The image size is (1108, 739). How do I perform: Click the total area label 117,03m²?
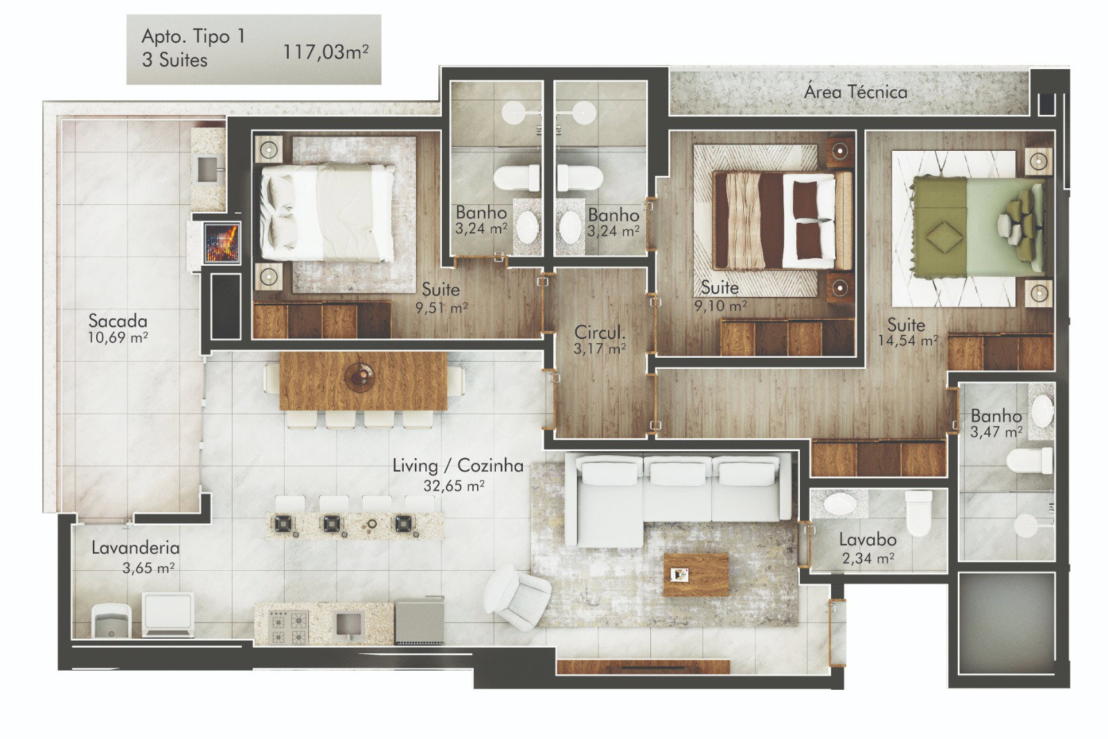click(x=325, y=52)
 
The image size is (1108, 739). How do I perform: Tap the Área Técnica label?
click(x=855, y=92)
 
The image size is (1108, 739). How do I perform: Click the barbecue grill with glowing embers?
click(x=222, y=243)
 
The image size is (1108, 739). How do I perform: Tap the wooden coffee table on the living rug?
click(x=696, y=574)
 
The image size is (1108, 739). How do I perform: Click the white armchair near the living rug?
click(x=517, y=596)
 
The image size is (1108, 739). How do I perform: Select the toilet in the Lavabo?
click(x=918, y=513)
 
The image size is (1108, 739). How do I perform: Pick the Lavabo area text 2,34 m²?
click(x=868, y=558)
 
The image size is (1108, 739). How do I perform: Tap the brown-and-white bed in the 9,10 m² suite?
click(x=782, y=221)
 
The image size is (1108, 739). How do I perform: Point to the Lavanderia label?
click(x=136, y=548)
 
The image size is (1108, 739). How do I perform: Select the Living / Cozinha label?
click(x=458, y=466)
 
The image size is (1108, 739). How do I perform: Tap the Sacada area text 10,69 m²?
click(x=118, y=338)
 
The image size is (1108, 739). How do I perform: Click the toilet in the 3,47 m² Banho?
click(x=1029, y=461)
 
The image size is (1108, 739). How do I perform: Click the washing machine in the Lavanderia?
click(x=168, y=614)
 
